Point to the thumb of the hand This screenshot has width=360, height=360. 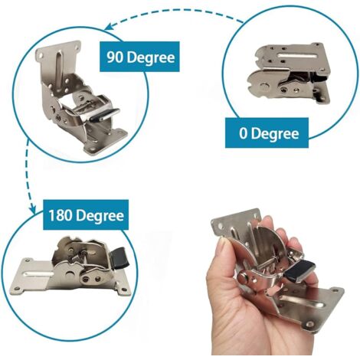230,260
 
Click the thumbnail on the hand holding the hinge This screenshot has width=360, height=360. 221,247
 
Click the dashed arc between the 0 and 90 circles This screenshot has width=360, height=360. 184,11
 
